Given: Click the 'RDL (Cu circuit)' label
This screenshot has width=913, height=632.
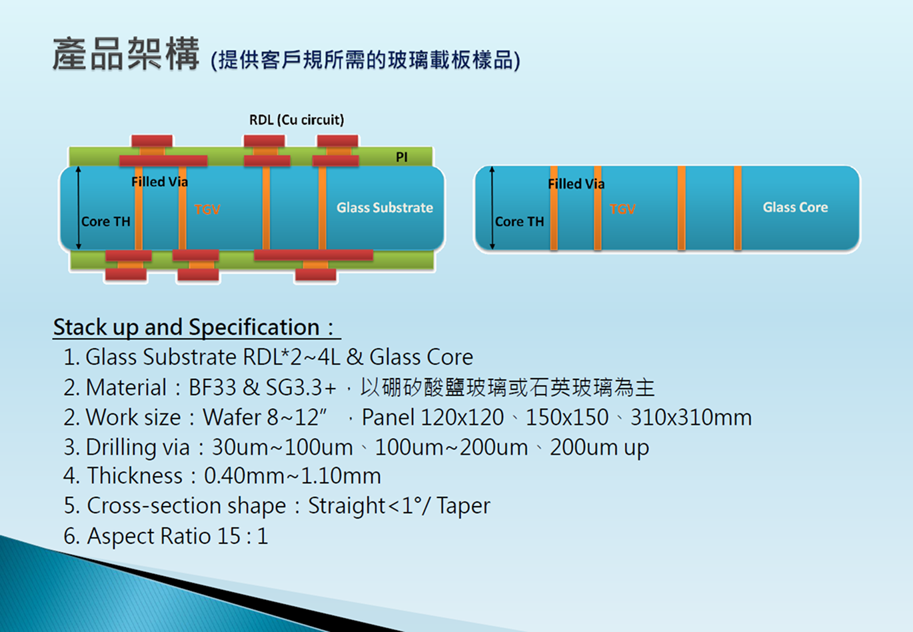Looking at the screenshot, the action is pos(297,120).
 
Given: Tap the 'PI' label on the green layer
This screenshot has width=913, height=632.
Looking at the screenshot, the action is pos(401,157).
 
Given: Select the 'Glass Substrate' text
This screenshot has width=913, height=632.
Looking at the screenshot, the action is pos(385,207).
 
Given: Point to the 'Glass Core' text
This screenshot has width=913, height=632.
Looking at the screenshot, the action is pos(795,207).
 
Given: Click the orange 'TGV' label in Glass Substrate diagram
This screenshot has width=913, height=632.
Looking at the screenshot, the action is pos(207,209).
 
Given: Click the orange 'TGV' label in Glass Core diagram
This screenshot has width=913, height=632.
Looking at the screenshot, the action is pos(622,209).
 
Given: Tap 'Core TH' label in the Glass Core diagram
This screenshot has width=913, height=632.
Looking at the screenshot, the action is pos(519,221).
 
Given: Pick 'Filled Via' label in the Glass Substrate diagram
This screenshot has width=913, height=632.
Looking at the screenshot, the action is pos(159,182).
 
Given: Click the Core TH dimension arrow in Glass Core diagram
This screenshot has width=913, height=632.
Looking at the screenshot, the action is pos(492,207).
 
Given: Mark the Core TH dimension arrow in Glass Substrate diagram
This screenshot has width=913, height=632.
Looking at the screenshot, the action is pos(78,207).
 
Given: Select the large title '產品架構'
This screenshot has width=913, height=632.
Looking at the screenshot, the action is pos(126,54).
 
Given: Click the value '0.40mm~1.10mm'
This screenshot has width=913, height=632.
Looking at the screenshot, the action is pos(293,475).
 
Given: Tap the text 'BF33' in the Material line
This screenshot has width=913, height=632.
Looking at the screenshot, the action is pos(213,387).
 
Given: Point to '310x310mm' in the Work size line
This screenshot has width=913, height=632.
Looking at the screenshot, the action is pos(691,417).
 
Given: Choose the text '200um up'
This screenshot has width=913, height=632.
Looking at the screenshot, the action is pos(599,447).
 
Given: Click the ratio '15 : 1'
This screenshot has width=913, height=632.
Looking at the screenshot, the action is pos(243,535).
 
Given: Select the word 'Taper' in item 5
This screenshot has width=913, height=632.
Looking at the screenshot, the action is pos(463,505).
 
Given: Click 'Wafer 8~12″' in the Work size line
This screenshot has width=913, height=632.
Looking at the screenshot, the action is pos(265,417).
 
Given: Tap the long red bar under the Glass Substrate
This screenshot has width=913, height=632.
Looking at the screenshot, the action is pos(313,255).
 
